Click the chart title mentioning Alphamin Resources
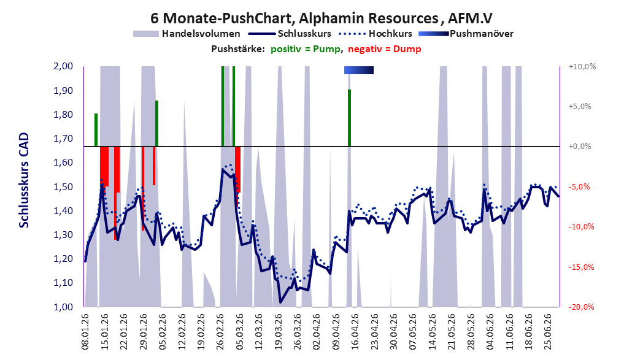[x=321, y=18]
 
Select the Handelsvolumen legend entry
[x=187, y=34]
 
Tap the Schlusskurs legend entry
[x=290, y=34]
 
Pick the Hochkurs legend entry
[x=375, y=34]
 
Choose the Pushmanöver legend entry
[x=466, y=34]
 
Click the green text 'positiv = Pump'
[x=305, y=49]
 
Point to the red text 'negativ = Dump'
[x=384, y=49]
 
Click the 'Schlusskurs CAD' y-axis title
[x=24, y=180]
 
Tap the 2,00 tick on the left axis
[x=63, y=66]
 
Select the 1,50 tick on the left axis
[x=63, y=186]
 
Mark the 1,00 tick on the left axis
[x=63, y=307]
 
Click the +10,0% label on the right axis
[x=582, y=66]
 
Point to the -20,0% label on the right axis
[x=581, y=307]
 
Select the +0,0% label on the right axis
[x=580, y=147]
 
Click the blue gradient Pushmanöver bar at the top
[x=359, y=70]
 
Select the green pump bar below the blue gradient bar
[x=349, y=118]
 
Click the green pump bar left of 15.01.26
[x=96, y=129]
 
